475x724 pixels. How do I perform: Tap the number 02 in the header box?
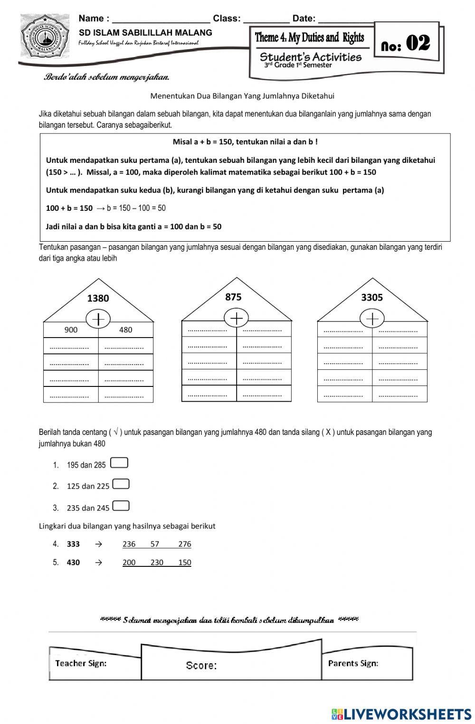click(x=418, y=44)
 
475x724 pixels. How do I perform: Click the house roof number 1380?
click(x=98, y=298)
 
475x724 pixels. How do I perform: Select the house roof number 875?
click(x=233, y=297)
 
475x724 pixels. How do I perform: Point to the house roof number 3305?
click(x=371, y=297)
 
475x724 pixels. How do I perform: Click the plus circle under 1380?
click(x=98, y=319)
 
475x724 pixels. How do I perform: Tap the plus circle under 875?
click(x=236, y=318)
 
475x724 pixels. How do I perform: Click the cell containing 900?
click(x=71, y=330)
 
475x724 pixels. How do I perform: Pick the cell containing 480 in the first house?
click(x=125, y=330)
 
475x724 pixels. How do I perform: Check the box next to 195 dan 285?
click(x=119, y=463)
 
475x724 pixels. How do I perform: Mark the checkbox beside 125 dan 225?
click(x=121, y=484)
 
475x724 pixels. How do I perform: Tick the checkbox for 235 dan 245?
click(x=121, y=506)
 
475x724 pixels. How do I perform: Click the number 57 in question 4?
click(x=155, y=544)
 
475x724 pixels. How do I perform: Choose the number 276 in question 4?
click(x=184, y=544)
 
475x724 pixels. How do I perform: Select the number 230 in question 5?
click(x=157, y=563)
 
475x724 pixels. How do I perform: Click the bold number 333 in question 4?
click(x=73, y=544)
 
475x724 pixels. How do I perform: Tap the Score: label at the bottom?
click(x=201, y=666)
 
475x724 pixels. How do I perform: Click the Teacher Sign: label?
click(x=81, y=663)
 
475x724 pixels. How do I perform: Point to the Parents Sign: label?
click(x=353, y=663)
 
